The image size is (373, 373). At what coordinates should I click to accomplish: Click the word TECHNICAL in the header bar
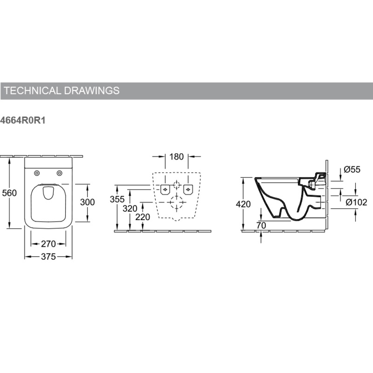33,90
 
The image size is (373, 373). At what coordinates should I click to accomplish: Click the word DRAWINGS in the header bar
92,90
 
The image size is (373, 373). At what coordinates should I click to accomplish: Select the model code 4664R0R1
23,120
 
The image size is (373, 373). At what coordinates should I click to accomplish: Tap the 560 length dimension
9,193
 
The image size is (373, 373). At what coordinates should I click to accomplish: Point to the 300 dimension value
87,202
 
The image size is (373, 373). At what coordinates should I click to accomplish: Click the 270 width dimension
48,244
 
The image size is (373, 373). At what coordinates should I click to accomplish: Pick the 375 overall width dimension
48,257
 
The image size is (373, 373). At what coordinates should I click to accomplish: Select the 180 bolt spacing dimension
176,157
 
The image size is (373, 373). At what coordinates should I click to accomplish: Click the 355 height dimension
117,199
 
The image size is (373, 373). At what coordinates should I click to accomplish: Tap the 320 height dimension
130,209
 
